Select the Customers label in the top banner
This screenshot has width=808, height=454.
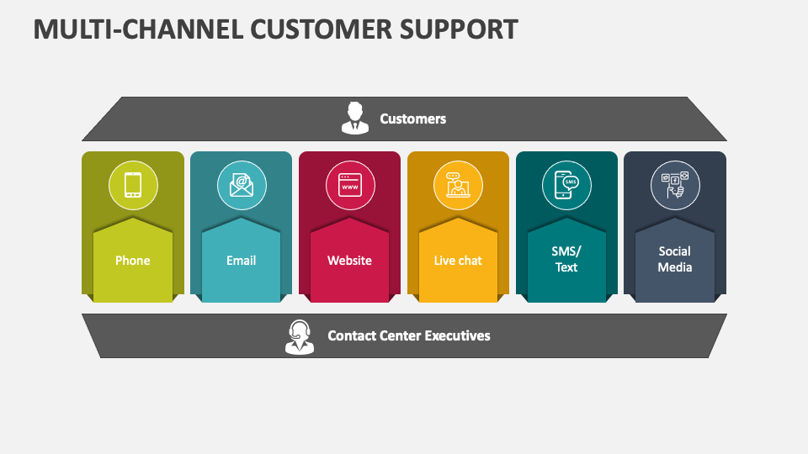click(x=412, y=119)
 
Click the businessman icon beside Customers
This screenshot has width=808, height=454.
click(x=354, y=118)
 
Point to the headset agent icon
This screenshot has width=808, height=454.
click(x=299, y=336)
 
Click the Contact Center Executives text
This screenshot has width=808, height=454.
click(x=408, y=335)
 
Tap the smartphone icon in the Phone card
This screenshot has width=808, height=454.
click(x=133, y=184)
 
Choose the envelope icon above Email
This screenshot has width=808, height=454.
click(x=242, y=184)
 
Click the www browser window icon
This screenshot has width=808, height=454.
click(x=349, y=184)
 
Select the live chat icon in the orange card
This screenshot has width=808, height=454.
click(x=458, y=184)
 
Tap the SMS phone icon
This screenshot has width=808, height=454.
click(x=566, y=184)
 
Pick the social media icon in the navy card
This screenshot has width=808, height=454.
click(x=675, y=184)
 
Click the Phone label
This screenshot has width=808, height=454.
click(x=133, y=261)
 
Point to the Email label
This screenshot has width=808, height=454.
click(x=242, y=261)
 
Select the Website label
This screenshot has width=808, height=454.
click(x=349, y=261)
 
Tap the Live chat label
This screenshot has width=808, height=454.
click(x=458, y=261)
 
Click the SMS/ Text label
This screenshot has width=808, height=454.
click(x=566, y=259)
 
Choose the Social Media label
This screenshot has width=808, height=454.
click(x=675, y=259)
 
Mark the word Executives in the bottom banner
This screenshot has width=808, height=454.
click(x=457, y=335)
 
